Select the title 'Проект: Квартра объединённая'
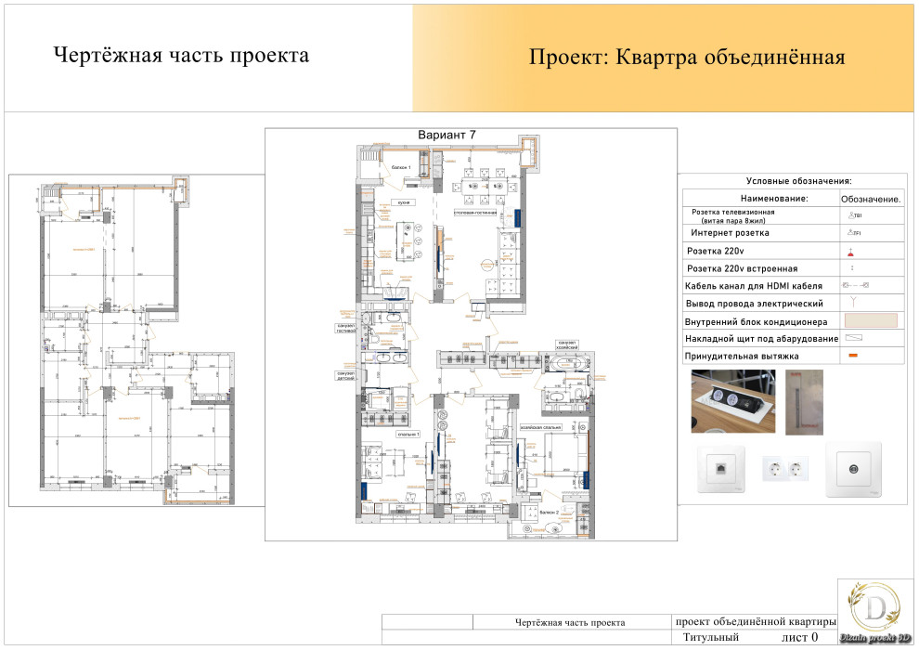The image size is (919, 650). (686, 58)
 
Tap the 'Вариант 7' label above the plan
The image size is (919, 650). (447, 136)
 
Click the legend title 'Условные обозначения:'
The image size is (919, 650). (798, 182)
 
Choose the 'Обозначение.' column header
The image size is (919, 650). (872, 199)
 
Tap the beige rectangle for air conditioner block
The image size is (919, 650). (870, 320)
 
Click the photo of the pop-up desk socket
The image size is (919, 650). (732, 401)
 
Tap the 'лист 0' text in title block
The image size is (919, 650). (799, 637)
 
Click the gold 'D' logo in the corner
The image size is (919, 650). (874, 608)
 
